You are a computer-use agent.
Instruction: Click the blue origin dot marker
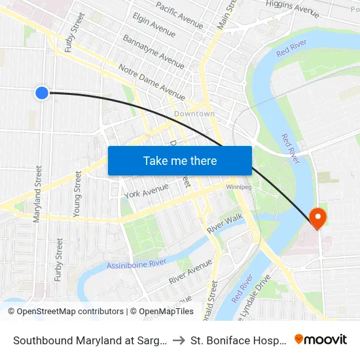[42, 93]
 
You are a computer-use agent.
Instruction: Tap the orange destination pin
[318, 217]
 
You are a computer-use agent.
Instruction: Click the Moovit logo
[321, 339]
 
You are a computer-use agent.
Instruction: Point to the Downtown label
[194, 114]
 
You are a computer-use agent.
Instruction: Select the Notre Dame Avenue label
[152, 81]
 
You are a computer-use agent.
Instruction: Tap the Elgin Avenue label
[153, 24]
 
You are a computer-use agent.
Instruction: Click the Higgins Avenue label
[292, 9]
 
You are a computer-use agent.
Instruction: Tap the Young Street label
[78, 194]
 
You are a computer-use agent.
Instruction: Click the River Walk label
[225, 224]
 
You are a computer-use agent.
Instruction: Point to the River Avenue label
[190, 272]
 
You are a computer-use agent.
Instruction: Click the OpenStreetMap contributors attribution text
[70, 312]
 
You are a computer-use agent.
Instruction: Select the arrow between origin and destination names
[179, 340]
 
